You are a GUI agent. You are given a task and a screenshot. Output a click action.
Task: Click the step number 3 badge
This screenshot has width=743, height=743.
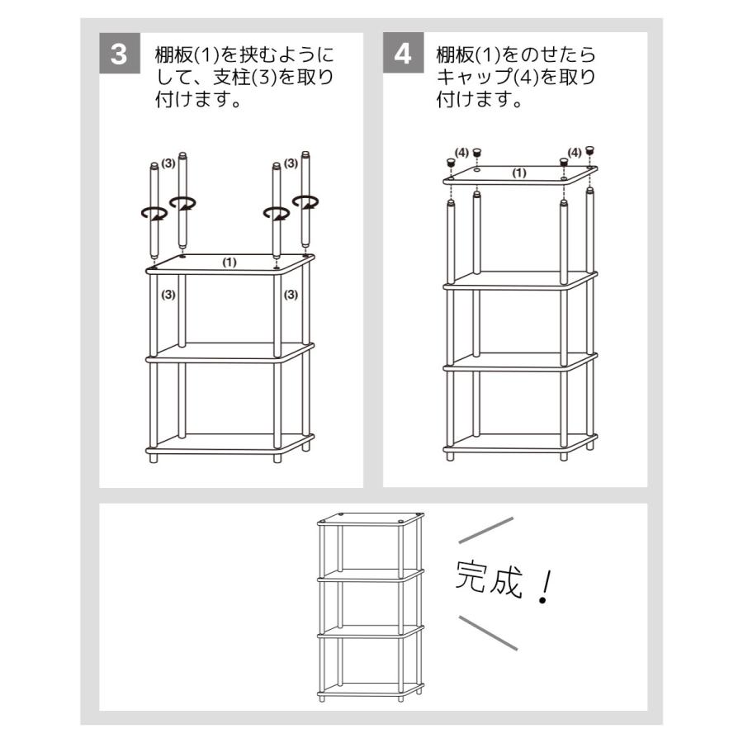pyautogui.click(x=120, y=53)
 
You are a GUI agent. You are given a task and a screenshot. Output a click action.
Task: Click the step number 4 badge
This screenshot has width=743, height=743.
pyautogui.click(x=403, y=53)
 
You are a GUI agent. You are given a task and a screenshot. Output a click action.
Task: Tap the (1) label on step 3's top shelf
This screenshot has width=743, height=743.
pyautogui.click(x=230, y=262)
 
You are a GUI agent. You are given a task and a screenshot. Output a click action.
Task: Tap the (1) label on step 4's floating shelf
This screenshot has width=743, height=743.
pyautogui.click(x=519, y=173)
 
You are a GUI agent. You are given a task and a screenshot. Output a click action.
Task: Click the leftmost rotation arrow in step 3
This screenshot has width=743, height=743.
pyautogui.click(x=154, y=214)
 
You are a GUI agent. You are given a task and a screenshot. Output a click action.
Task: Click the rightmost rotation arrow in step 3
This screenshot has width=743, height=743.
pyautogui.click(x=305, y=202)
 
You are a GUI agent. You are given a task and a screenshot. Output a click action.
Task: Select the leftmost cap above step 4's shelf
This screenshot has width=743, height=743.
pyautogui.click(x=450, y=163)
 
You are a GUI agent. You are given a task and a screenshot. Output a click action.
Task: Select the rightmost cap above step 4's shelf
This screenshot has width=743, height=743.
pyautogui.click(x=589, y=150)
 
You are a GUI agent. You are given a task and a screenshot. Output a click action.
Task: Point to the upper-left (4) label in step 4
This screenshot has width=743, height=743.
pyautogui.click(x=461, y=153)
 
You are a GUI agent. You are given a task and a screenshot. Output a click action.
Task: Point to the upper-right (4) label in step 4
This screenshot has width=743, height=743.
pyautogui.click(x=575, y=153)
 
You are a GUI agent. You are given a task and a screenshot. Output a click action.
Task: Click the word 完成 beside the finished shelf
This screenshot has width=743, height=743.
pyautogui.click(x=489, y=578)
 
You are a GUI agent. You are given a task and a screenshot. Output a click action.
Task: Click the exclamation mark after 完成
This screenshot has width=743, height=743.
pyautogui.click(x=546, y=587)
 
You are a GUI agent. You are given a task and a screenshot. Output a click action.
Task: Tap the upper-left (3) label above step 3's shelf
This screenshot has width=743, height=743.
pyautogui.click(x=168, y=163)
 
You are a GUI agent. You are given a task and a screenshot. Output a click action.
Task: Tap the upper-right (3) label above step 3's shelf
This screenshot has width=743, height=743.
pyautogui.click(x=291, y=163)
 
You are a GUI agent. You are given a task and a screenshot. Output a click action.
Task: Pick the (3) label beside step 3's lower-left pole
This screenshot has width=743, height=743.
pyautogui.click(x=168, y=295)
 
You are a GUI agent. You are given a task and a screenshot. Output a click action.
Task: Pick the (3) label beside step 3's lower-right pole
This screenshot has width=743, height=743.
pyautogui.click(x=291, y=295)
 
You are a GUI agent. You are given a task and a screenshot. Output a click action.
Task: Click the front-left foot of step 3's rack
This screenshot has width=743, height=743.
pyautogui.click(x=153, y=459)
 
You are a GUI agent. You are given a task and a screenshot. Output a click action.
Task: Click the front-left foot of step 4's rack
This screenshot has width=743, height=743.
pyautogui.click(x=450, y=457)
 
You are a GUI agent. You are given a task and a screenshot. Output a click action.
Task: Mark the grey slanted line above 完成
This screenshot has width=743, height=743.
pyautogui.click(x=486, y=530)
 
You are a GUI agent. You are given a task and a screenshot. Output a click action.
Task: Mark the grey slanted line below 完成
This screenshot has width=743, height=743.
pyautogui.click(x=488, y=633)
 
